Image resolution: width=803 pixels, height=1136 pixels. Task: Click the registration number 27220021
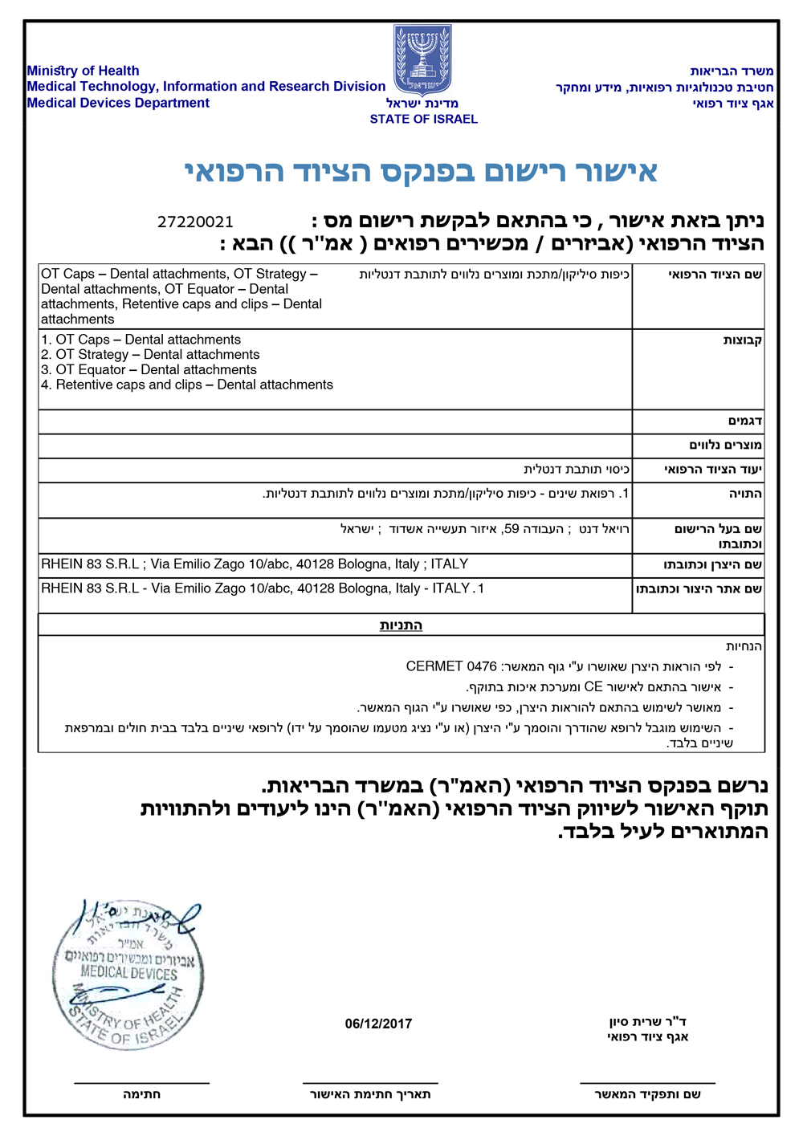195,222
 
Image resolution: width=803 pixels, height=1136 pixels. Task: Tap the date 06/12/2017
378,1024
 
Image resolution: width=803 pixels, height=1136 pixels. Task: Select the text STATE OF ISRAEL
423,119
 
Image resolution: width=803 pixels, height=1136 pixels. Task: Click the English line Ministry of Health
83,71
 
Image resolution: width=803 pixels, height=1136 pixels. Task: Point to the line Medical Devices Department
118,103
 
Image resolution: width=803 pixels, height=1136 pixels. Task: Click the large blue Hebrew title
421,171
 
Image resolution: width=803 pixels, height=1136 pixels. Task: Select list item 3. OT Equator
149,370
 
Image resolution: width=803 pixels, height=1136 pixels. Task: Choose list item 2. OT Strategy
150,355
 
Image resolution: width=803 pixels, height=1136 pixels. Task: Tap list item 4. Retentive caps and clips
187,385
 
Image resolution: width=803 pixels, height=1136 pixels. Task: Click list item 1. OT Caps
141,340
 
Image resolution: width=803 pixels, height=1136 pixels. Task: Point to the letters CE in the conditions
593,687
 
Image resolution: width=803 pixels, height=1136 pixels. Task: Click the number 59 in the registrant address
511,529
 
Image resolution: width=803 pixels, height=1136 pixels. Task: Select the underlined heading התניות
401,625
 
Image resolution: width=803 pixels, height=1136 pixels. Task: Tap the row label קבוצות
742,340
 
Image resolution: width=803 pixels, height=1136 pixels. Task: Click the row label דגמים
745,421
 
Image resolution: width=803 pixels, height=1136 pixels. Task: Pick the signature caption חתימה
141,1094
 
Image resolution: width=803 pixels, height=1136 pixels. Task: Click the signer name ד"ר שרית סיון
647,1022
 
